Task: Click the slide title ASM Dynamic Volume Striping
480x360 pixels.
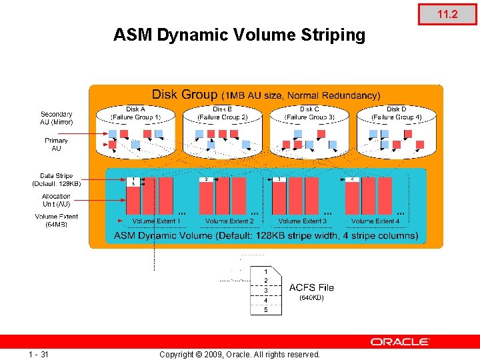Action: point(239,35)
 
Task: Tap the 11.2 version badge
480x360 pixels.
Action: point(447,13)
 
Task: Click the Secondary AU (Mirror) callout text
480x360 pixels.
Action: point(57,118)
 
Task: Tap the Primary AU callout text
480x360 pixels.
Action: point(57,144)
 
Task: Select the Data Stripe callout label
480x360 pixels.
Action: point(57,179)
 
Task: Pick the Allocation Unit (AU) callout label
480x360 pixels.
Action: point(57,200)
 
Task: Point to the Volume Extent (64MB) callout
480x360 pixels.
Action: point(57,220)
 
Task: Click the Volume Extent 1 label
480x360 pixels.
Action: point(156,221)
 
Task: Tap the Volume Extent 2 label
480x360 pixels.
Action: point(229,221)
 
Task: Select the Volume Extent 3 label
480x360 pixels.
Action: point(303,221)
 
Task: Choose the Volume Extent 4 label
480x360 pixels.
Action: point(375,221)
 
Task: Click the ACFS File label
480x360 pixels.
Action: point(311,287)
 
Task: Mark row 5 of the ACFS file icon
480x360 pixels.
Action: point(266,310)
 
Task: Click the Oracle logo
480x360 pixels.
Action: point(400,341)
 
